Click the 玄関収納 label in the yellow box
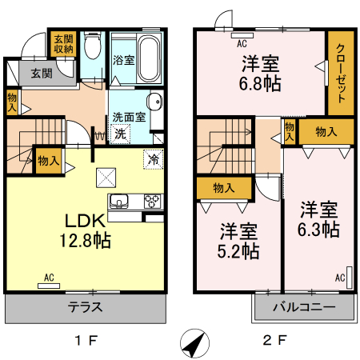point(64,43)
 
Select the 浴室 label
point(122,60)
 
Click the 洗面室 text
point(128,117)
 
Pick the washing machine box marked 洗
point(119,134)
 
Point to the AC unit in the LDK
point(49,284)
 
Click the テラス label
point(85,306)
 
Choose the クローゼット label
point(339,73)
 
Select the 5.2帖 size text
point(239,250)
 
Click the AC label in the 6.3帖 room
point(339,278)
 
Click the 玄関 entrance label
point(42,74)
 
